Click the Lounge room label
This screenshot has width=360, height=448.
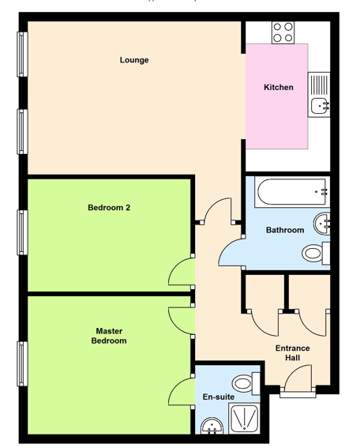tap(134, 60)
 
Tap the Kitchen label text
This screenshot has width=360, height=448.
tap(279, 87)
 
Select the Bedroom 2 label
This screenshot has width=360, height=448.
tap(109, 208)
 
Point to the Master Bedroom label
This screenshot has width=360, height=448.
tap(109, 336)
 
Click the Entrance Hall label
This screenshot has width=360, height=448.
tap(293, 353)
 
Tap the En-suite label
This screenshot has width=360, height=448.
tap(219, 397)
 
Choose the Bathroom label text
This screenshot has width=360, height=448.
tap(285, 230)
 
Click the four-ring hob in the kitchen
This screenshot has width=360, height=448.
tap(283, 33)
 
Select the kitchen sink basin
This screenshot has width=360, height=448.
tap(320, 106)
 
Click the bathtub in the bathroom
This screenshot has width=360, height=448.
tap(292, 192)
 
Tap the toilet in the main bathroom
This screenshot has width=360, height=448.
tap(316, 253)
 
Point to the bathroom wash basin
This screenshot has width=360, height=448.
tap(322, 224)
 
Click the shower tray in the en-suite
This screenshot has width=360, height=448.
tap(245, 419)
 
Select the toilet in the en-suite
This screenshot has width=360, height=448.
tap(246, 383)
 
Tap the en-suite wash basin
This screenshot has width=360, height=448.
tap(212, 427)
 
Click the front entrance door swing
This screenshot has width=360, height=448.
tap(298, 377)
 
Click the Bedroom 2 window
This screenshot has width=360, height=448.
tap(23, 232)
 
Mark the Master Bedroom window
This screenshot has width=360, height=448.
tap(23, 363)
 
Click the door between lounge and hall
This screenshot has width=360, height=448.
tap(218, 209)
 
